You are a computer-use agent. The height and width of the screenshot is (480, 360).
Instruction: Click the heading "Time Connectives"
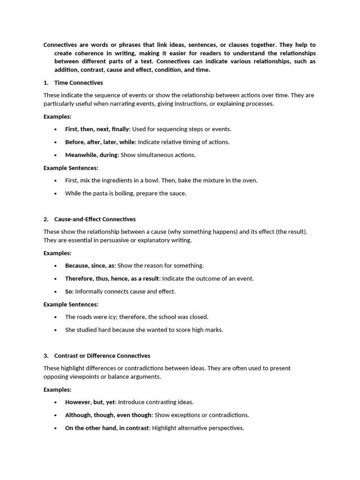click(x=78, y=83)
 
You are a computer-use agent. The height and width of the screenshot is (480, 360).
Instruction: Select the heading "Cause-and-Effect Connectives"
click(x=95, y=219)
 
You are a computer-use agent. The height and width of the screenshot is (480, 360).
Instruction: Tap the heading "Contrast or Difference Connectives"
click(x=102, y=356)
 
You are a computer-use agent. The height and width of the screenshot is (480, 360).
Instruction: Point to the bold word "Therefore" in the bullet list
click(x=79, y=278)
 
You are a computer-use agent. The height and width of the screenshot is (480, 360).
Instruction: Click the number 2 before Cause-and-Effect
click(x=45, y=219)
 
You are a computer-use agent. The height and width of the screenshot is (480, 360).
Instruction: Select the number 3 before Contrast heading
click(x=45, y=356)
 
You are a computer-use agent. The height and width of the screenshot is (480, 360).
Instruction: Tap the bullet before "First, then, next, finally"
click(x=56, y=129)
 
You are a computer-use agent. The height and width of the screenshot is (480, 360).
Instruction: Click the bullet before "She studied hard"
click(x=56, y=330)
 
